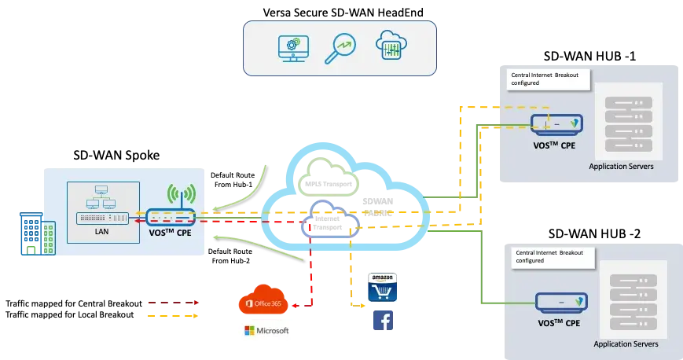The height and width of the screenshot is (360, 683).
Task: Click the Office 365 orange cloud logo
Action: (266, 299)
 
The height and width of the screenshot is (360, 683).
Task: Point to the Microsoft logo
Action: (266, 330)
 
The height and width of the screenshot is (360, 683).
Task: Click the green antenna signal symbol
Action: (182, 195)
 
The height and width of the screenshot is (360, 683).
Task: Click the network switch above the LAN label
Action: (102, 218)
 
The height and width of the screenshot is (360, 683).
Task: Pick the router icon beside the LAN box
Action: (171, 216)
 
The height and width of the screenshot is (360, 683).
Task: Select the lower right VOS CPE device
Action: (561, 302)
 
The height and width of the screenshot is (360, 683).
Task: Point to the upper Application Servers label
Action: (621, 167)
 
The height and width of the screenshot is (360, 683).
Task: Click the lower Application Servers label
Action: (626, 343)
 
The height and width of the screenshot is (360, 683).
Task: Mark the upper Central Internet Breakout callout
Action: (550, 78)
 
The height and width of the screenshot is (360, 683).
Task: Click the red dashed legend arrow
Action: (172, 301)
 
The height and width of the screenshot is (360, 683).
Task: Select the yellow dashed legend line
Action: (172, 318)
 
